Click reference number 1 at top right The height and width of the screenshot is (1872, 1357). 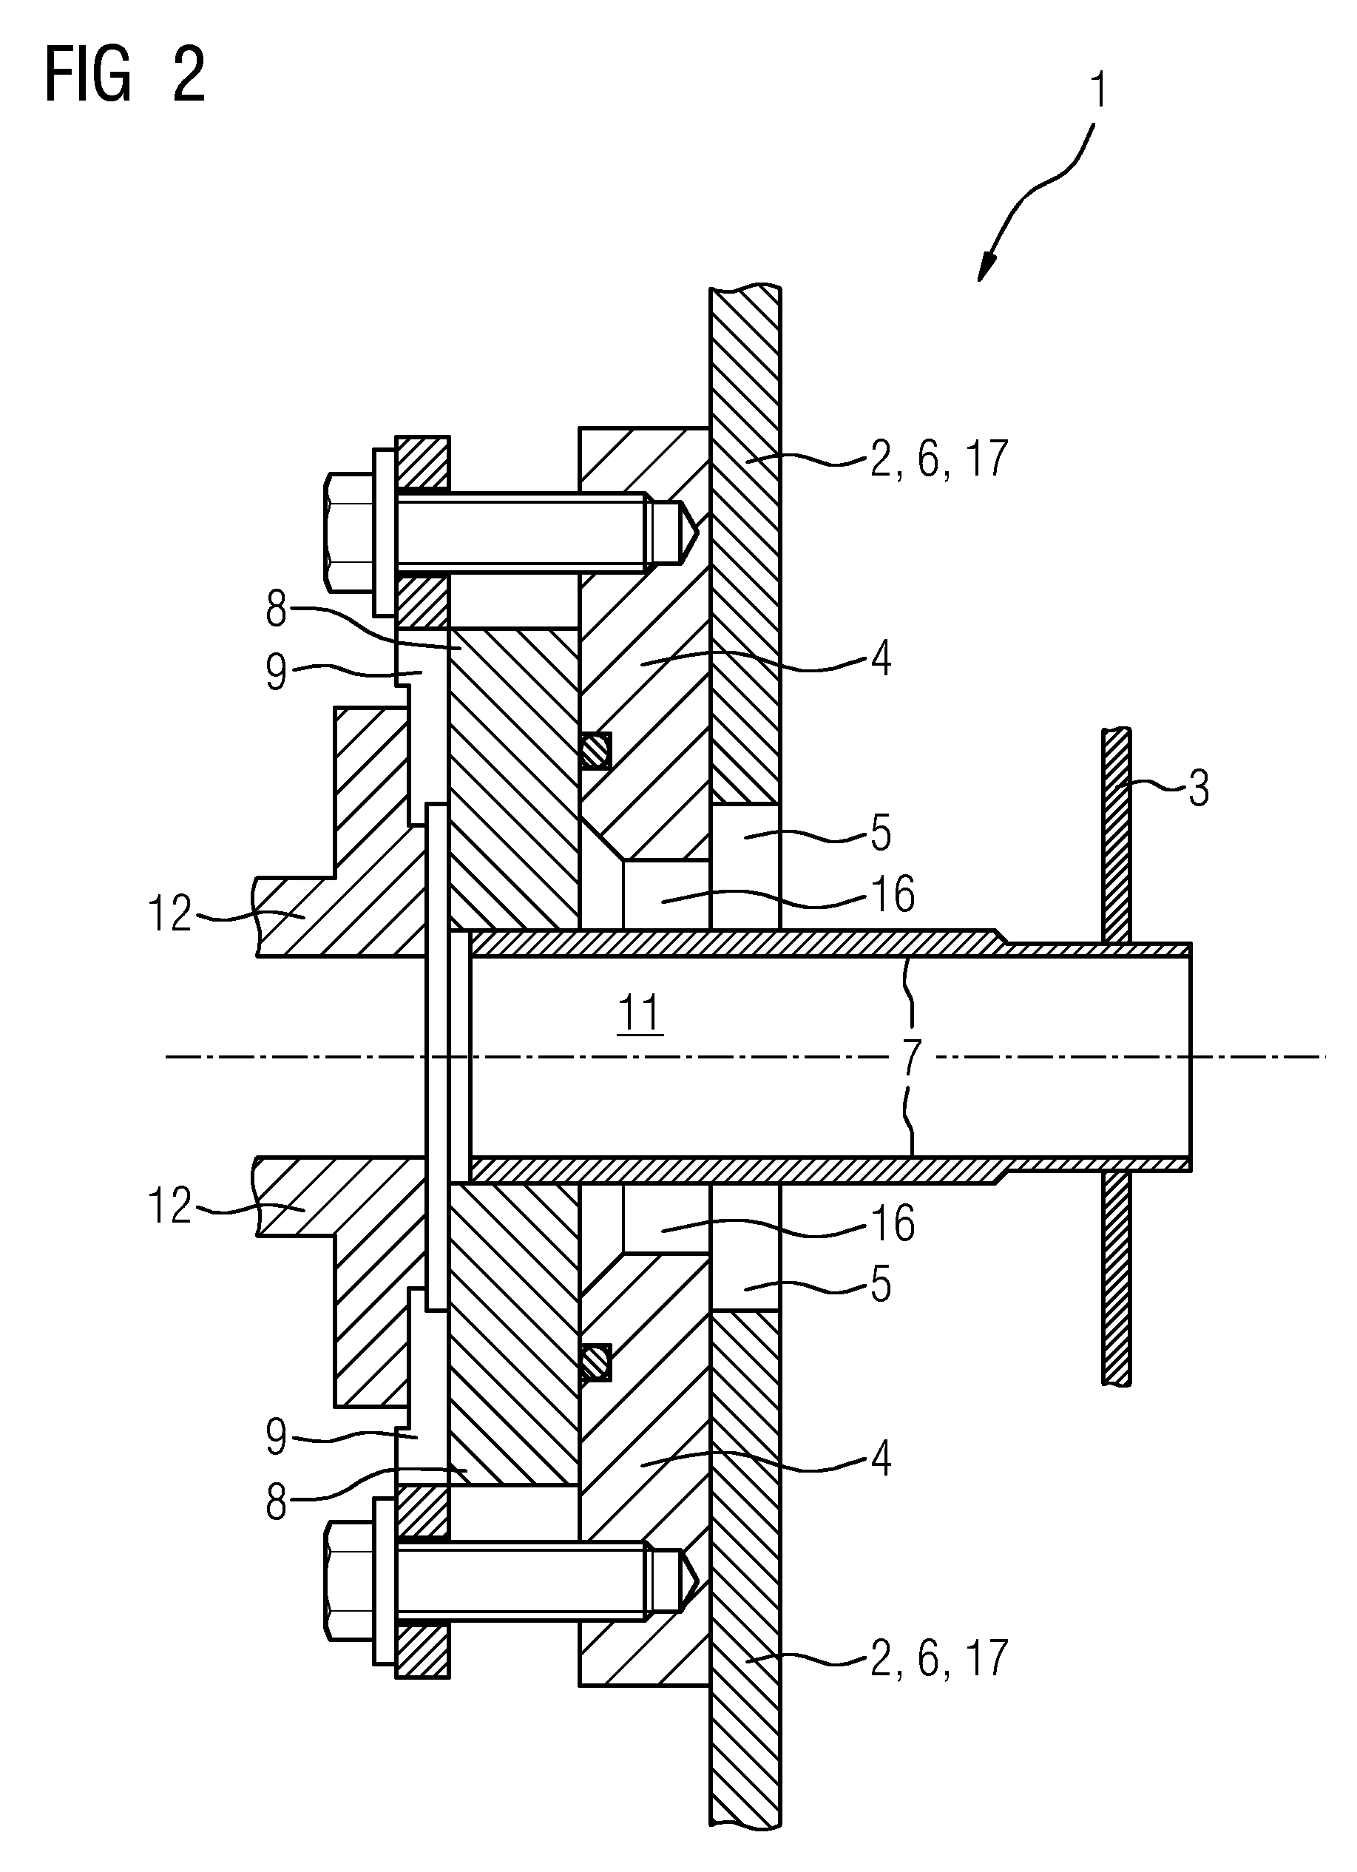pos(1098,92)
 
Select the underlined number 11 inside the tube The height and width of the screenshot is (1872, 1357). pos(640,1013)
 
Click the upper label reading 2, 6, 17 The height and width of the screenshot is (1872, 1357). pos(939,459)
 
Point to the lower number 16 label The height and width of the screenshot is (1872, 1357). pos(893,1223)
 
